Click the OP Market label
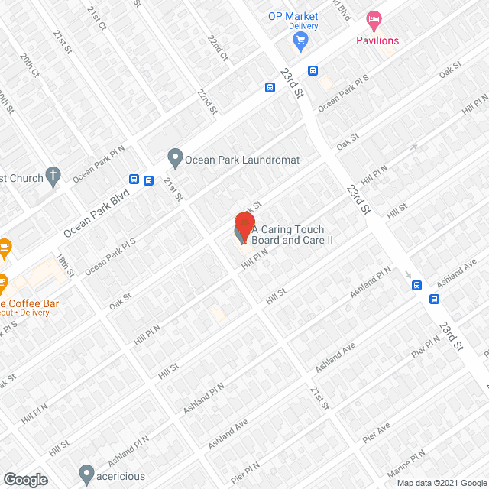pyautogui.click(x=292, y=16)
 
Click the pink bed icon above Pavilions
pyautogui.click(x=373, y=18)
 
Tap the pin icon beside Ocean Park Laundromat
pyautogui.click(x=175, y=160)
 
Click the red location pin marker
pyautogui.click(x=244, y=225)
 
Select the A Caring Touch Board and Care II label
pyautogui.click(x=292, y=235)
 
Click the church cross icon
pyautogui.click(x=53, y=178)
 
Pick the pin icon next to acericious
pyautogui.click(x=86, y=472)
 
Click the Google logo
pyautogui.click(x=26, y=479)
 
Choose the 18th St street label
pyautogui.click(x=67, y=264)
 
